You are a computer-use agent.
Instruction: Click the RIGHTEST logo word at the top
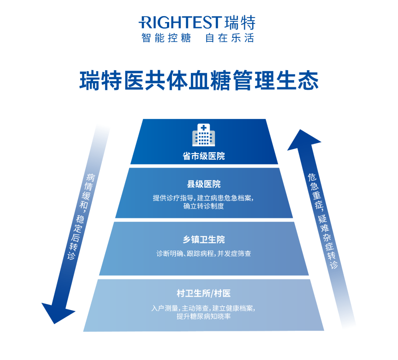pyautogui.click(x=180, y=22)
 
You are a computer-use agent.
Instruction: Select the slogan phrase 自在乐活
pyautogui.click(x=230, y=38)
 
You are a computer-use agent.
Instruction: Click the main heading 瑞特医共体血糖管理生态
pyautogui.click(x=199, y=81)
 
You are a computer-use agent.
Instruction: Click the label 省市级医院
pyautogui.click(x=203, y=156)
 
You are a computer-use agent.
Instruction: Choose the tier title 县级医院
pyautogui.click(x=203, y=184)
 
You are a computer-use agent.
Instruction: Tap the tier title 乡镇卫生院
pyautogui.click(x=203, y=240)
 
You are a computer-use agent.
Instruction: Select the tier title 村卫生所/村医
pyautogui.click(x=203, y=293)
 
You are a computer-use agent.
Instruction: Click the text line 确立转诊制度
pyautogui.click(x=203, y=206)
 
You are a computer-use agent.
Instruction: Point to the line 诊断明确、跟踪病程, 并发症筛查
pyautogui.click(x=203, y=254)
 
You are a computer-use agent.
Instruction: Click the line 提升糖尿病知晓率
pyautogui.click(x=203, y=317)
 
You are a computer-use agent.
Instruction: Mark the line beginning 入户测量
pyautogui.click(x=203, y=308)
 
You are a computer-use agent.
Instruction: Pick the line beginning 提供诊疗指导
pyautogui.click(x=203, y=198)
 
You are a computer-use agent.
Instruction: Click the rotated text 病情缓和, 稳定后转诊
pyautogui.click(x=80, y=217)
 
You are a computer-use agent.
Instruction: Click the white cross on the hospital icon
pyautogui.click(x=203, y=128)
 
